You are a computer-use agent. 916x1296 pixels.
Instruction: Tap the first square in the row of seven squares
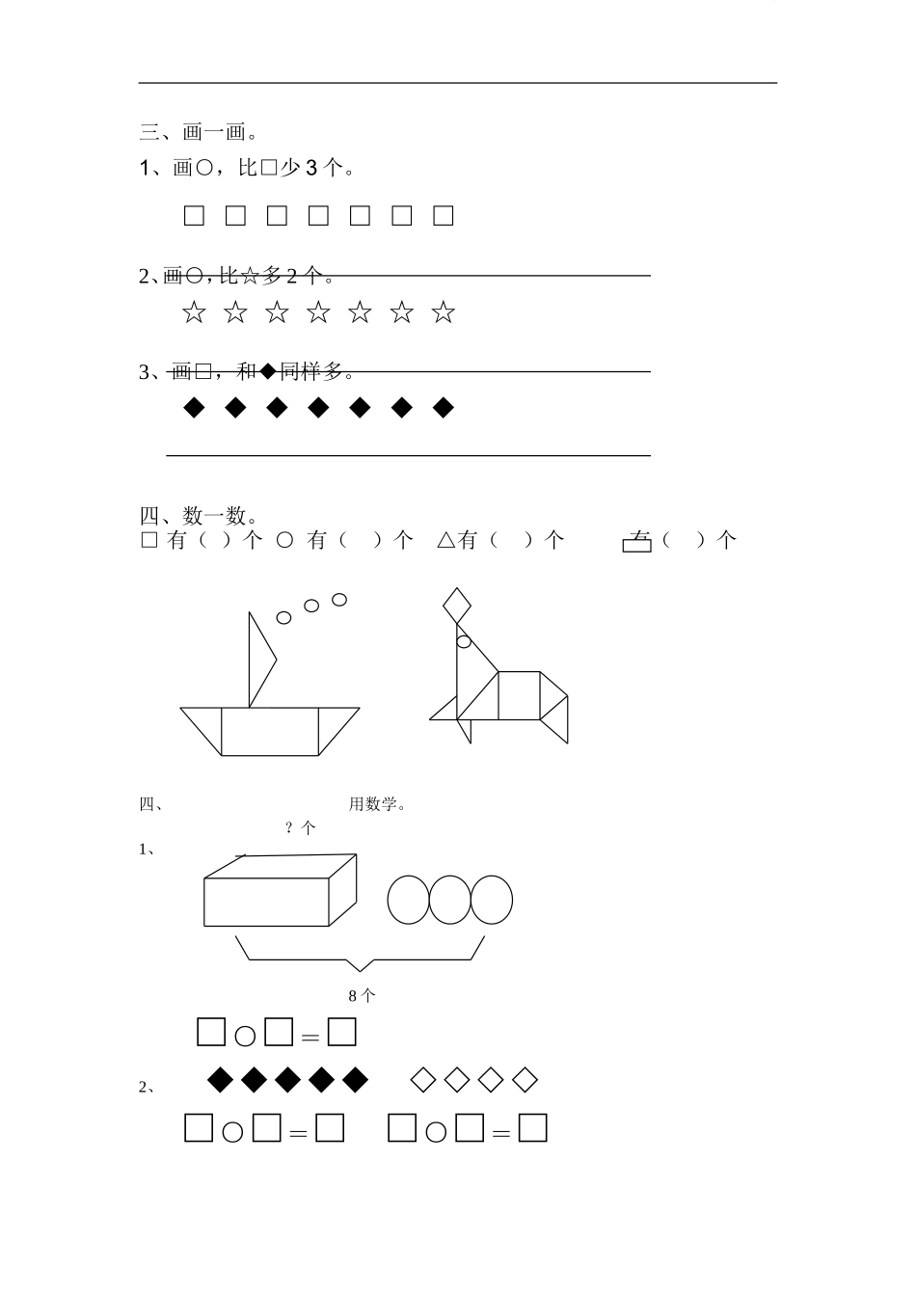[x=194, y=216]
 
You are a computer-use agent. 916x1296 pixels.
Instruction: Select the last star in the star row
[x=443, y=312]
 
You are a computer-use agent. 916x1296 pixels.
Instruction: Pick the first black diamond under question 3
[x=194, y=408]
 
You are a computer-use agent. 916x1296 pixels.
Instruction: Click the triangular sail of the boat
[x=260, y=661]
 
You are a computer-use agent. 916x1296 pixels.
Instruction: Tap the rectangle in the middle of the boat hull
[x=270, y=732]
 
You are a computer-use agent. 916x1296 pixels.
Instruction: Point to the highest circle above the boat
[x=339, y=600]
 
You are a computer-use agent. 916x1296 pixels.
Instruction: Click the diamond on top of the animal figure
[x=457, y=605]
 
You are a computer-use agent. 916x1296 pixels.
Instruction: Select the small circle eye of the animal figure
[x=464, y=641]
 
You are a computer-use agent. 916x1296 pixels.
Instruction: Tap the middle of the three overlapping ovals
[x=449, y=900]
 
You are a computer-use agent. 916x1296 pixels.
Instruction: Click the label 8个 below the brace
[x=362, y=996]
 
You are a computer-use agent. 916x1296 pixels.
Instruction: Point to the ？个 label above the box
[x=301, y=827]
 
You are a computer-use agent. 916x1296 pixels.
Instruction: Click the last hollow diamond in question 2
[x=525, y=1080]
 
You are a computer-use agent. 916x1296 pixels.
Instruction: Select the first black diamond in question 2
[x=222, y=1080]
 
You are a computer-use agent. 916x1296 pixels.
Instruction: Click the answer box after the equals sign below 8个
[x=342, y=1033]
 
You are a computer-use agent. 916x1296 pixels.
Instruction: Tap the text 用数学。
[x=377, y=804]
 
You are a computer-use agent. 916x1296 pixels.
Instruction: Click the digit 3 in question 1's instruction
[x=310, y=169]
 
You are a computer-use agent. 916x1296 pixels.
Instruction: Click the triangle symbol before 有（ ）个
[x=445, y=541]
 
